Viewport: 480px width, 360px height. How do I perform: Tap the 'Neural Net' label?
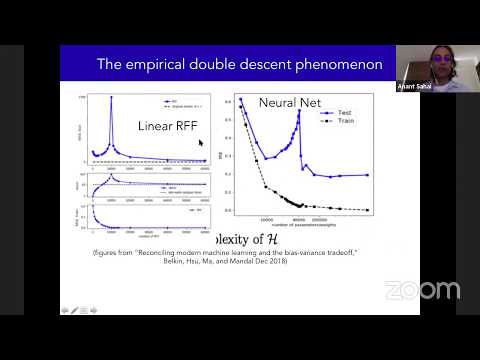[x=288, y=103]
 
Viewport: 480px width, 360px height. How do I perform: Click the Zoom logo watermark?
[x=422, y=290]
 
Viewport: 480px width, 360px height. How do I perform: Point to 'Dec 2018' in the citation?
[x=275, y=263]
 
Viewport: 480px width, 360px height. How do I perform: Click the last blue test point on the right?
[x=368, y=175]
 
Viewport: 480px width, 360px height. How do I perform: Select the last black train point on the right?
[x=368, y=209]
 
